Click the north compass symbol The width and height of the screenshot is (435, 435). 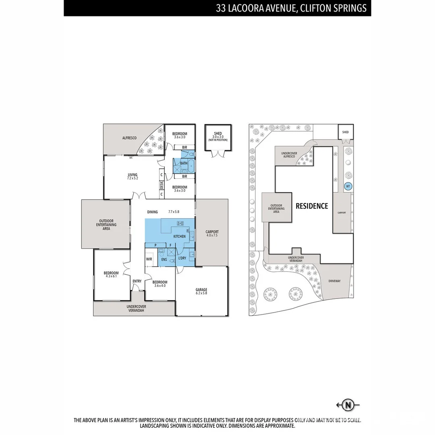tap(347, 405)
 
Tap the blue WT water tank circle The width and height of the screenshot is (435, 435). tap(347, 186)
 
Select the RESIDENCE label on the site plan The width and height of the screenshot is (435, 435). tap(312, 206)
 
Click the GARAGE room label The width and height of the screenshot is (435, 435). tap(201, 291)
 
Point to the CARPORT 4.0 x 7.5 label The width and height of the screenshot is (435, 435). tap(212, 234)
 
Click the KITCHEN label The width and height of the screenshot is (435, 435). tap(180, 236)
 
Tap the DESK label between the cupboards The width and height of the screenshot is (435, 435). tap(162, 186)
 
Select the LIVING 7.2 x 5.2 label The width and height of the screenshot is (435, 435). tap(133, 176)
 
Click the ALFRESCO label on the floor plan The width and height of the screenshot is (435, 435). tap(129, 138)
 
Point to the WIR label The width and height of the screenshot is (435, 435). tap(149, 259)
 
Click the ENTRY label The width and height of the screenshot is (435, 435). tap(137, 281)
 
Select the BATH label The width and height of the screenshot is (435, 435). tap(184, 163)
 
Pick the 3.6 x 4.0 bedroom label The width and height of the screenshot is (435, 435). tap(160, 284)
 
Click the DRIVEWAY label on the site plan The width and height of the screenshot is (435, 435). tap(334, 281)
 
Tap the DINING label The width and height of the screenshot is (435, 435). tap(152, 212)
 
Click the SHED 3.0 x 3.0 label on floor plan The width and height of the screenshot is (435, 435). tap(217, 136)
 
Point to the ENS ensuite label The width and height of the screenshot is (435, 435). tap(164, 260)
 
